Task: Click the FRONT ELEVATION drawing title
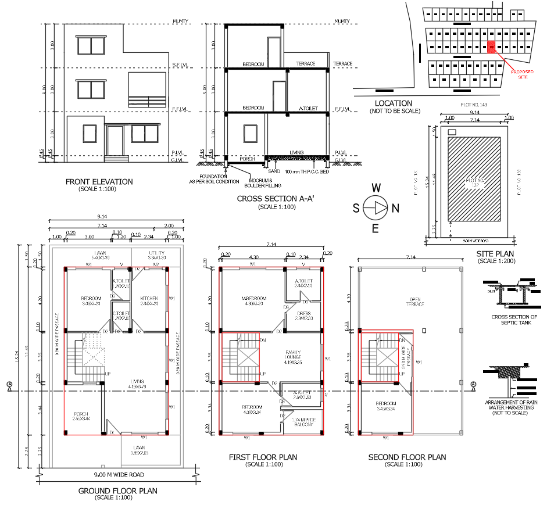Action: [x=99, y=182]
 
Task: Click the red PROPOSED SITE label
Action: [x=521, y=74]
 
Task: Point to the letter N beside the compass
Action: [x=395, y=208]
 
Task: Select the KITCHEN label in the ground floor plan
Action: [x=149, y=299]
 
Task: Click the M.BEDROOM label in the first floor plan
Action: [x=253, y=299]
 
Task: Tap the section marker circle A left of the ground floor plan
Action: [x=10, y=385]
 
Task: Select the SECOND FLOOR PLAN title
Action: [x=407, y=457]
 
